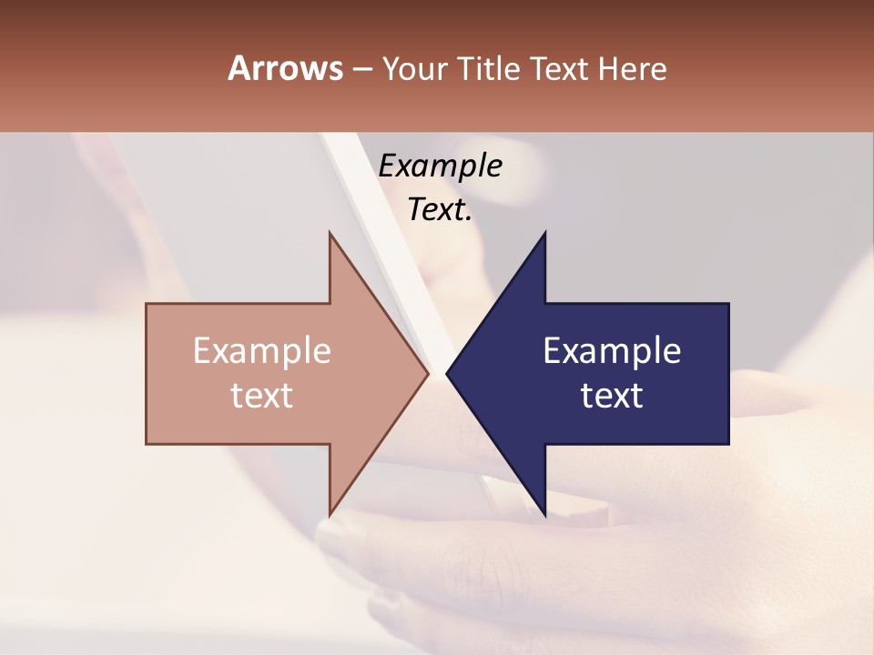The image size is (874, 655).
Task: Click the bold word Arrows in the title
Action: pos(285,68)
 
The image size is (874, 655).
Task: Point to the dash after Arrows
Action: pos(361,69)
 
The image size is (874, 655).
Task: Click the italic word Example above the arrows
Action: pos(440,166)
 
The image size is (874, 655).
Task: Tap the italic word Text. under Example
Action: pos(440,210)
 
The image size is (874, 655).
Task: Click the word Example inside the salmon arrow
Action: pos(262,351)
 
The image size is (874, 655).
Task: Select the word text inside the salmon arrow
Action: pos(262,396)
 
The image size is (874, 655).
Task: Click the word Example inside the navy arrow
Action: pos(612,351)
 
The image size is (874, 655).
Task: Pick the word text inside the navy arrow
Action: pos(612,396)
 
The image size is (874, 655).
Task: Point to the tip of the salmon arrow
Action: pos(427,374)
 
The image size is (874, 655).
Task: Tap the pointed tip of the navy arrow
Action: pos(448,374)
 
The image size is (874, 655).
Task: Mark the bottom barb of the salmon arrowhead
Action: pos(330,512)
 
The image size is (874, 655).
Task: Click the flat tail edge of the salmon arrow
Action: pos(147,374)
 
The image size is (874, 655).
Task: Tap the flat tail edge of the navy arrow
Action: pos(727,374)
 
